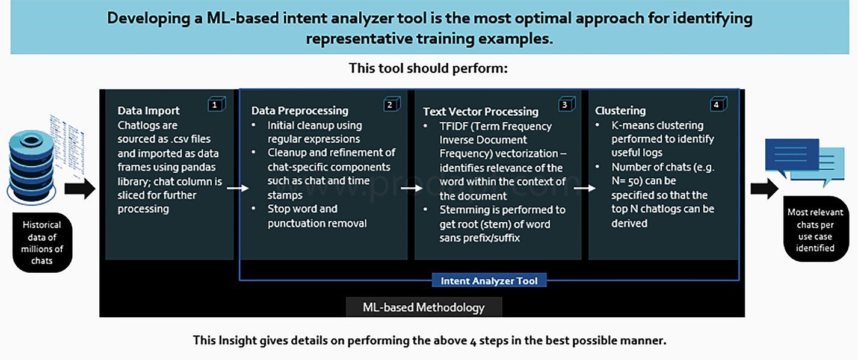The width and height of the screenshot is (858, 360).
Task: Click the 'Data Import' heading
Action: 149,110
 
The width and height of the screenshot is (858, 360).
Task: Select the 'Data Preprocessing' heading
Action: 300,111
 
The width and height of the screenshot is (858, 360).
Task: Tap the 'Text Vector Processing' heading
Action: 481,111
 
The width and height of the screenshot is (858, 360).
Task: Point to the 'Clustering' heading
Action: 620,111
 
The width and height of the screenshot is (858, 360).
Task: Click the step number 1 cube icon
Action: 217,104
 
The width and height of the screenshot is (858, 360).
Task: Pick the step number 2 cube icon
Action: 392,104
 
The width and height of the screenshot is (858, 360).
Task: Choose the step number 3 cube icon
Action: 567,104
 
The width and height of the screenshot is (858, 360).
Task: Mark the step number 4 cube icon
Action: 718,104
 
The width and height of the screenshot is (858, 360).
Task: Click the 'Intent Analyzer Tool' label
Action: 489,281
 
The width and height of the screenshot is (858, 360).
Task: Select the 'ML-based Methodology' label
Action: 424,307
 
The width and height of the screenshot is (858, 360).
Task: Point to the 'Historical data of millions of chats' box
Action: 42,242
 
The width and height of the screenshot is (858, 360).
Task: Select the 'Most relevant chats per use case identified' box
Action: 815,229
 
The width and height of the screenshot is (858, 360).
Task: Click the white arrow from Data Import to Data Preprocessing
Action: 238,188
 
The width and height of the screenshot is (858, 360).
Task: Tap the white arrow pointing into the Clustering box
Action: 584,188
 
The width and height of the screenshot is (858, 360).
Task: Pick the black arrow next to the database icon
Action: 79,188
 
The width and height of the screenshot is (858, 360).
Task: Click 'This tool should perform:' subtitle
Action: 428,68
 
